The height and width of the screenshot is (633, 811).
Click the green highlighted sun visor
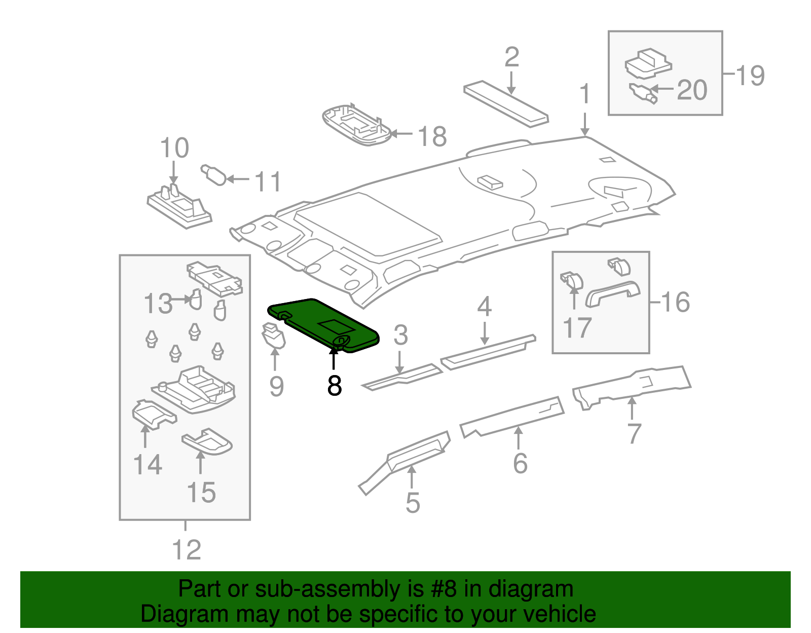tap(324, 324)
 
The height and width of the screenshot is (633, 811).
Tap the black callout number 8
tap(335, 386)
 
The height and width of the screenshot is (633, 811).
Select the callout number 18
tap(432, 136)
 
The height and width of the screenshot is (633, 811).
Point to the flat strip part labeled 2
tap(505, 103)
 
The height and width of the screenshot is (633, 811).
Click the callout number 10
tap(174, 148)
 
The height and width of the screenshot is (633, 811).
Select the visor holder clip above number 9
tap(273, 336)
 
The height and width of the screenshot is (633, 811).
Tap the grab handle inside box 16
tap(612, 294)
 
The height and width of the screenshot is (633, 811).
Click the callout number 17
tap(577, 327)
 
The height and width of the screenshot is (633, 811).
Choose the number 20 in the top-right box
tap(692, 90)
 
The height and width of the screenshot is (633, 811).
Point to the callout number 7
tap(634, 433)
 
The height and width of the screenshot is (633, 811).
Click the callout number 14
tap(148, 464)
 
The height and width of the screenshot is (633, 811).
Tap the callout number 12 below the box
tap(187, 550)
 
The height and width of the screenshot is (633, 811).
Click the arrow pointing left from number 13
tap(181, 299)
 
